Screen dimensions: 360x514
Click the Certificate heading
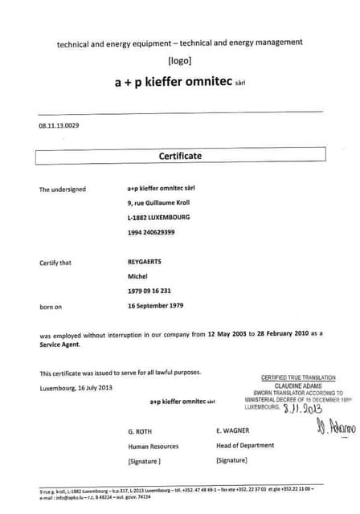pyautogui.click(x=180, y=156)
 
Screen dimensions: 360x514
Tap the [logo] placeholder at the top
pyautogui.click(x=180, y=62)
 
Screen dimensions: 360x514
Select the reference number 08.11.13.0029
pyautogui.click(x=59, y=126)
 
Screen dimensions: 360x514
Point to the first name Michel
pyautogui.click(x=138, y=277)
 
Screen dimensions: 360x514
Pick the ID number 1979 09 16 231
pyautogui.click(x=149, y=292)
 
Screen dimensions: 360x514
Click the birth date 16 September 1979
pyautogui.click(x=156, y=306)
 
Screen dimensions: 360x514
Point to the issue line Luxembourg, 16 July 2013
pyautogui.click(x=76, y=388)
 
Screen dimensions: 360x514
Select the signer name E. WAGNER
pyautogui.click(x=233, y=430)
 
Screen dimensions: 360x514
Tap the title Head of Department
pyautogui.click(x=245, y=445)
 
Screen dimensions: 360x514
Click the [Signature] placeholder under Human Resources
pyautogui.click(x=145, y=461)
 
